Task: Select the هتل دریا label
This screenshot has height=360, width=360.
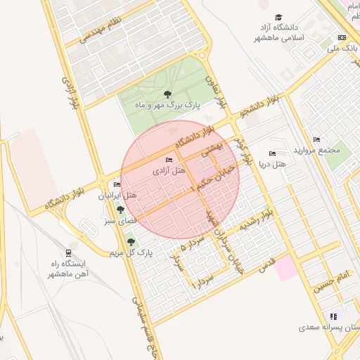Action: pos(273,164)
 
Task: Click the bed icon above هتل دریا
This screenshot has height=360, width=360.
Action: pos(272,153)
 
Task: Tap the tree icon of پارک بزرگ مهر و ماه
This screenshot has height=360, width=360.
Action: pos(167,94)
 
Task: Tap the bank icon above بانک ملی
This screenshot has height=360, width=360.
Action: pos(342,37)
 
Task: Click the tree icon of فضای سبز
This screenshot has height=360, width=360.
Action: pos(121,210)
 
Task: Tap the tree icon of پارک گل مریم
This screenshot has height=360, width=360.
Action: pos(130,242)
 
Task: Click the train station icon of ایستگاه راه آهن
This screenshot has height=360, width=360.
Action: pos(68,252)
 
